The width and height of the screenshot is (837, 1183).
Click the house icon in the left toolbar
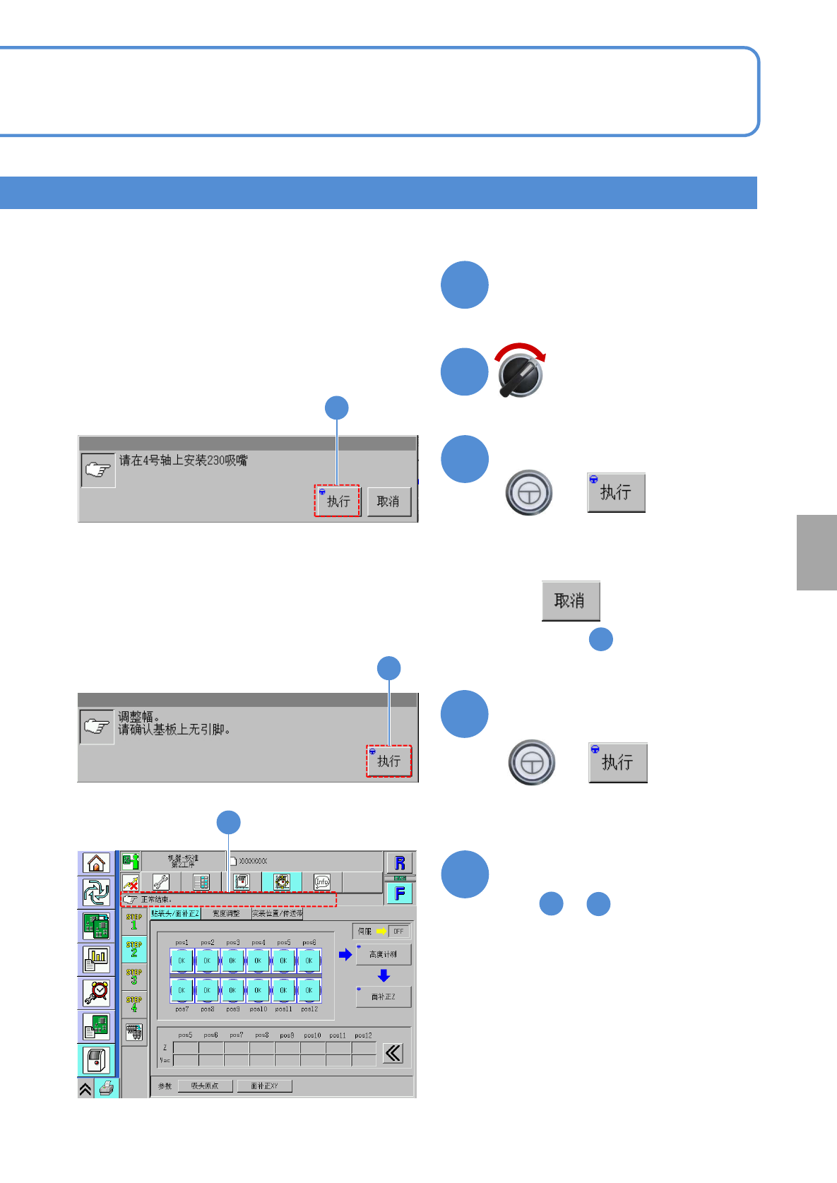(x=96, y=863)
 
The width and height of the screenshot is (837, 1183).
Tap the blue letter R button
(x=400, y=862)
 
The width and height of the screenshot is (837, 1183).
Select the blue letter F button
(x=400, y=893)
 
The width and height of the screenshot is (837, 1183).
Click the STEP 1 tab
(x=134, y=921)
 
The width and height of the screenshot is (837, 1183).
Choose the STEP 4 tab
(x=134, y=1004)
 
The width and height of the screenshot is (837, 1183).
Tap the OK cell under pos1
(x=182, y=961)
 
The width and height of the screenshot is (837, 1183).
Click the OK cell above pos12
(x=309, y=990)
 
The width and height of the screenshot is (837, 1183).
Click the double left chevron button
(x=393, y=1054)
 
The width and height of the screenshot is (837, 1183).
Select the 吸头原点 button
(x=205, y=1086)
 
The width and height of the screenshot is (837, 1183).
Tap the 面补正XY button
(x=264, y=1086)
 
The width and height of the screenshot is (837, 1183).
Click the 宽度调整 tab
(x=226, y=913)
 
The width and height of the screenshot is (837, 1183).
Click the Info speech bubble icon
(x=322, y=882)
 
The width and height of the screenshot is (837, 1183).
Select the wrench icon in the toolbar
(x=161, y=882)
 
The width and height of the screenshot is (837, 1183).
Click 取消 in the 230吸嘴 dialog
(x=388, y=501)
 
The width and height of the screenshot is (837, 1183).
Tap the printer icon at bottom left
(x=106, y=1088)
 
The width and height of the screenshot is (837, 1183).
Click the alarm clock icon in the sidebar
(x=96, y=992)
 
